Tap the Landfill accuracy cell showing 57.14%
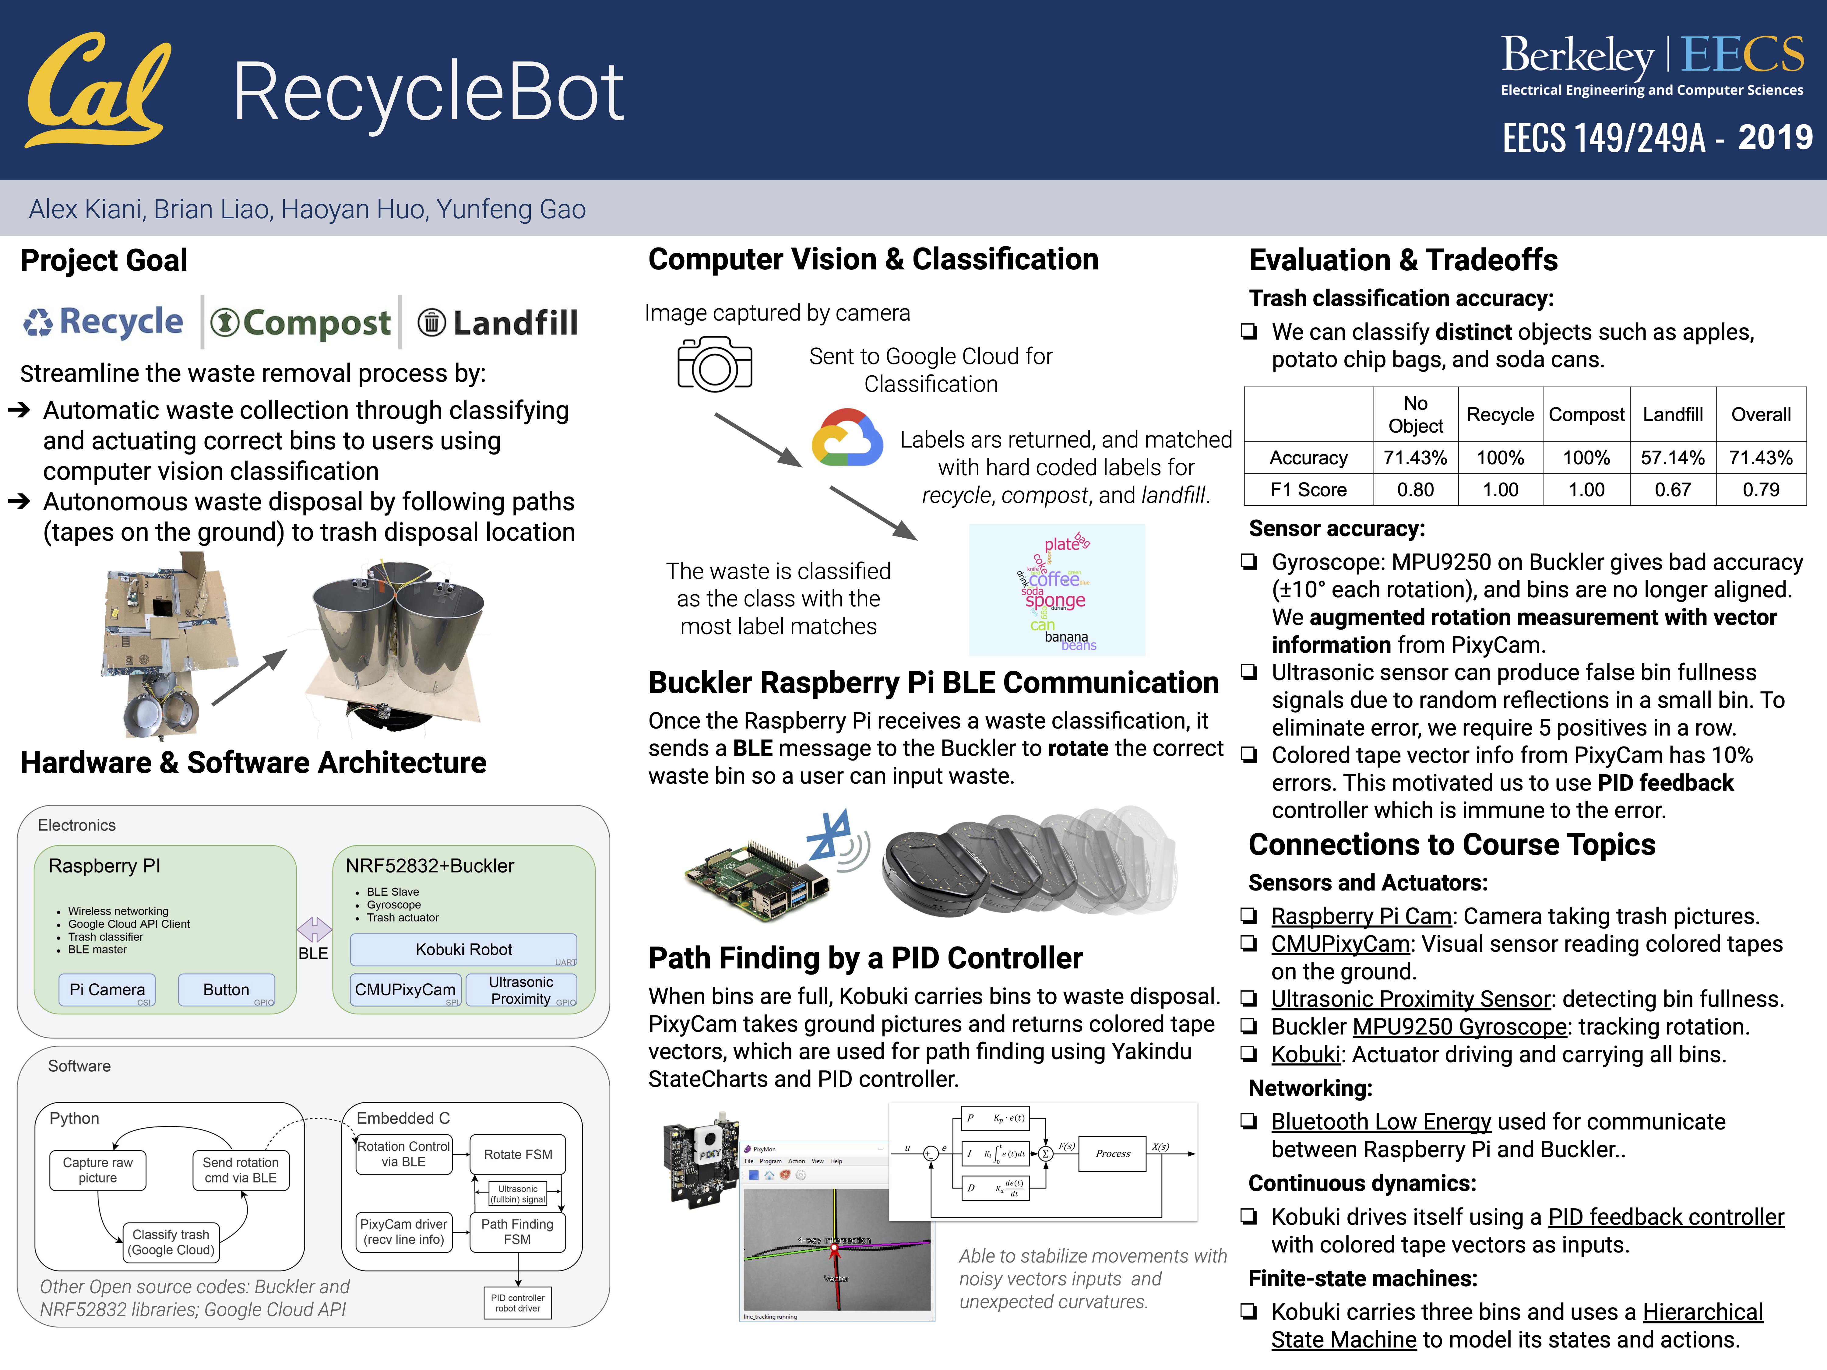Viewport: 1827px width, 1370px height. coord(1673,458)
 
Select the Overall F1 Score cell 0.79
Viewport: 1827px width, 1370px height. coord(1761,490)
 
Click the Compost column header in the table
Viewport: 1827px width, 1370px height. coord(1586,415)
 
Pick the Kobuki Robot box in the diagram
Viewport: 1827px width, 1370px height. coord(463,950)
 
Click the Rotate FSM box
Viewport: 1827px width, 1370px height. coord(518,1154)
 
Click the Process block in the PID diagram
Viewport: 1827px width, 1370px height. coord(1113,1154)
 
